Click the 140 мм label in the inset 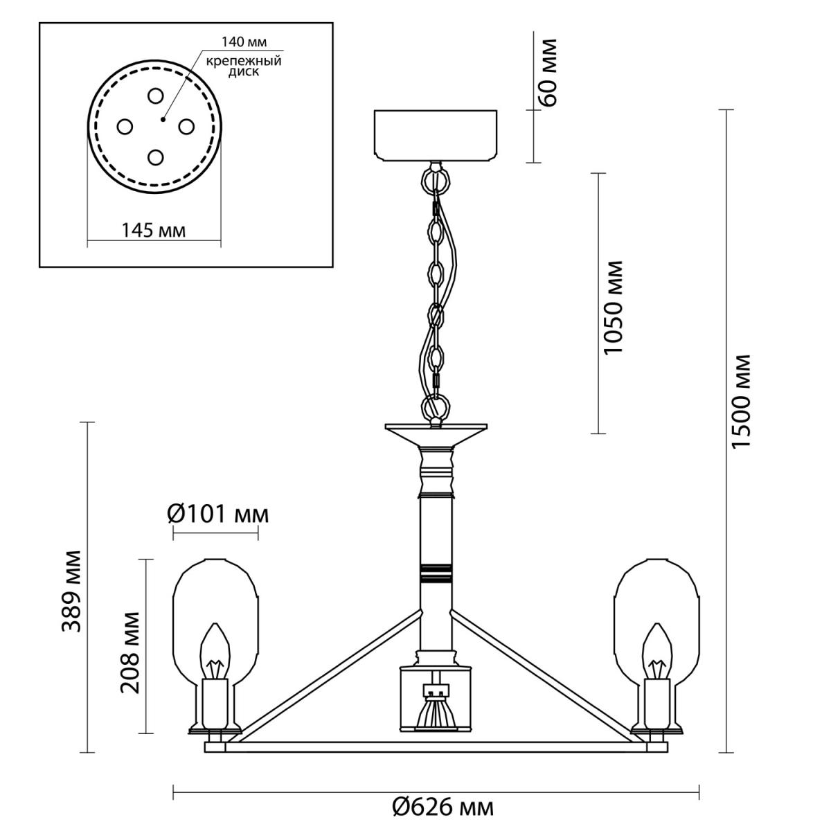coord(244,42)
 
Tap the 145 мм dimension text coord(154,231)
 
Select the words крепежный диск coord(244,66)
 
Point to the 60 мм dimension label coord(548,72)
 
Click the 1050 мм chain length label coord(613,307)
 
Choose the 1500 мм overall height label coord(741,402)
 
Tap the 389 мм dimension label coord(71,591)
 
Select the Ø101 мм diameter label coord(217,514)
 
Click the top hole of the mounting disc coord(155,96)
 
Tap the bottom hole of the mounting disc coord(155,157)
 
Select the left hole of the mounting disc coord(125,127)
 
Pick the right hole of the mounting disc coord(186,127)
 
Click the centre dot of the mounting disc coord(163,119)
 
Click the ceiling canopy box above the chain coord(436,136)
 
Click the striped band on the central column coord(436,573)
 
